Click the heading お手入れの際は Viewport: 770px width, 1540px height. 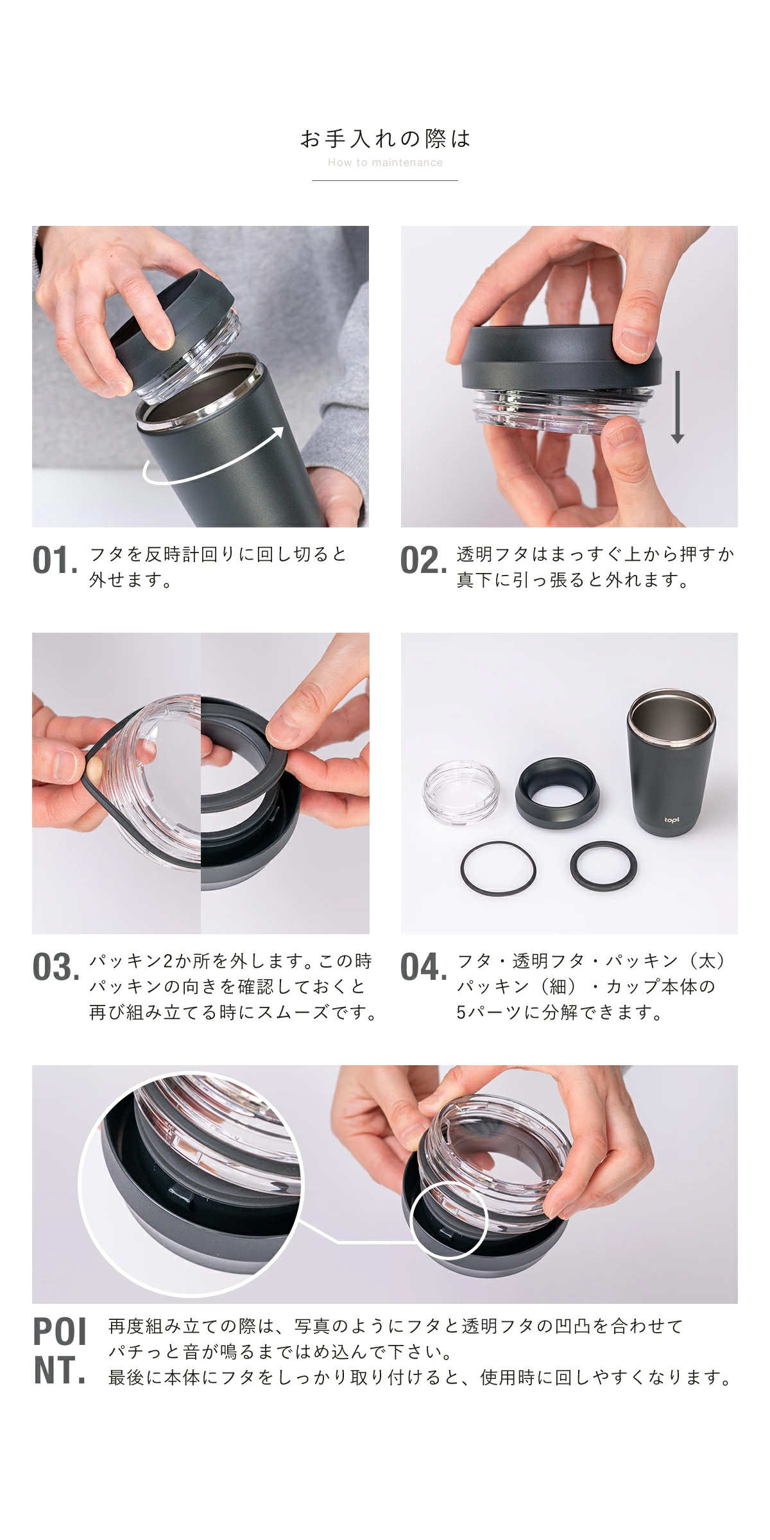(385, 139)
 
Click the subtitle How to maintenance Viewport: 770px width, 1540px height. (385, 162)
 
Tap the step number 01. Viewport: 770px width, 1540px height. (55, 560)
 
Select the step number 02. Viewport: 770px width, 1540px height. (424, 560)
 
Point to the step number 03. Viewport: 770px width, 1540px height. (56, 967)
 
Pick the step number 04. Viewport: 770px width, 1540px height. (424, 967)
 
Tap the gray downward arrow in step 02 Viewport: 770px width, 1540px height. (677, 408)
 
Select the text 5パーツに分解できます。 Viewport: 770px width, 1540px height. (560, 1012)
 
